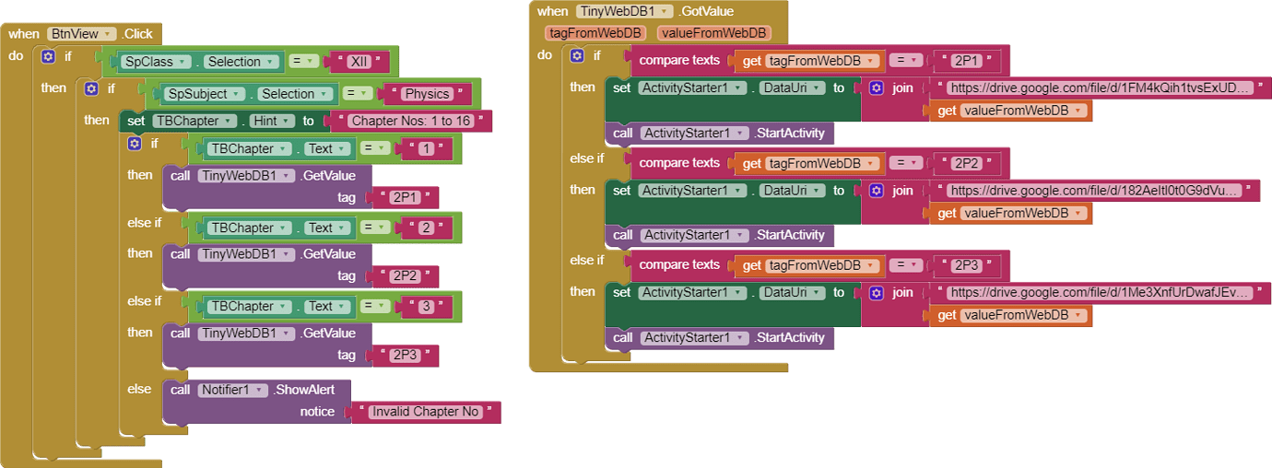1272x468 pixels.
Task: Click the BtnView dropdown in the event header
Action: (x=82, y=34)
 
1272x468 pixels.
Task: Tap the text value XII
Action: (x=359, y=62)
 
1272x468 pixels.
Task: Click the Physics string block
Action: (x=427, y=94)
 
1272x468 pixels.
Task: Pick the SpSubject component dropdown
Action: (x=205, y=94)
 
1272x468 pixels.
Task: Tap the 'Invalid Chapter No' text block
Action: (x=425, y=412)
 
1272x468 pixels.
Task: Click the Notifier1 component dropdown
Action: (x=230, y=390)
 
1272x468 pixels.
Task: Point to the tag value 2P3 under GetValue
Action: (x=405, y=355)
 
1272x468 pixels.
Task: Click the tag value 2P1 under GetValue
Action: (x=405, y=197)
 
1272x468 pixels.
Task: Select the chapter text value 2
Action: (x=427, y=228)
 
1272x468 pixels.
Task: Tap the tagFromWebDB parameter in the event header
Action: (x=595, y=33)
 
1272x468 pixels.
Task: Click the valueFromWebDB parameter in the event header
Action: (x=713, y=33)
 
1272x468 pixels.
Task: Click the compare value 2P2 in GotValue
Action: (x=966, y=163)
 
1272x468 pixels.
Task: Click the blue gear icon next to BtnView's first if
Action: (x=49, y=57)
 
